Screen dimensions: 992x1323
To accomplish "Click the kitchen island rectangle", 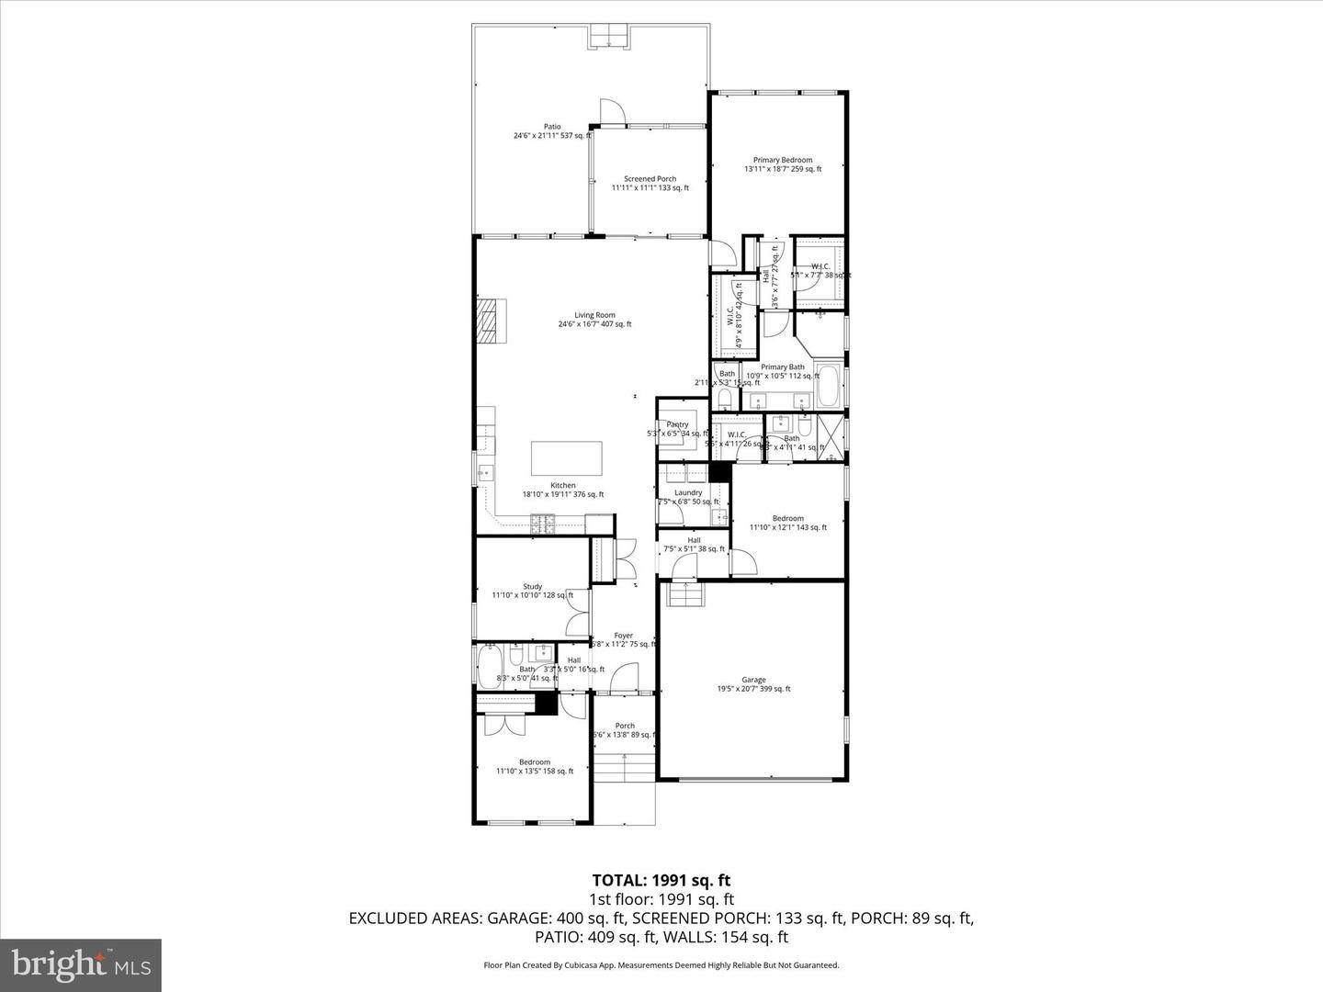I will (x=567, y=457).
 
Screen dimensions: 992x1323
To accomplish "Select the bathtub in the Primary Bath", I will (x=828, y=387).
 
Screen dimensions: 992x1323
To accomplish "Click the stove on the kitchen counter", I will (x=542, y=524).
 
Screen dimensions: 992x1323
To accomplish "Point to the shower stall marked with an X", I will (x=830, y=436).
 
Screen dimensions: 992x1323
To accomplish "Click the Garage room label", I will (x=753, y=680).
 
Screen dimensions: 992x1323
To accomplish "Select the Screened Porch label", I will (x=650, y=179).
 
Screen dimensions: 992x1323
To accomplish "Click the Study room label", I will (x=533, y=586).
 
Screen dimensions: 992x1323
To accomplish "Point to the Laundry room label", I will (x=688, y=493).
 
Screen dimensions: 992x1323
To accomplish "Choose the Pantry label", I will (x=678, y=424).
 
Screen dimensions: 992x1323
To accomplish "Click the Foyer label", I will (x=624, y=636).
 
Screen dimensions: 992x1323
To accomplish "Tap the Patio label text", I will (x=552, y=127).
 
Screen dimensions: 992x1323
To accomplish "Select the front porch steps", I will (x=625, y=767).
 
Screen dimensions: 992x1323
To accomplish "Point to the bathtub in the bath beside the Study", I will (x=488, y=666).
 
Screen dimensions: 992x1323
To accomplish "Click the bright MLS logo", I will (x=81, y=964).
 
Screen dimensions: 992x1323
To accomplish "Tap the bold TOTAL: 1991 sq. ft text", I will (x=661, y=881).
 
